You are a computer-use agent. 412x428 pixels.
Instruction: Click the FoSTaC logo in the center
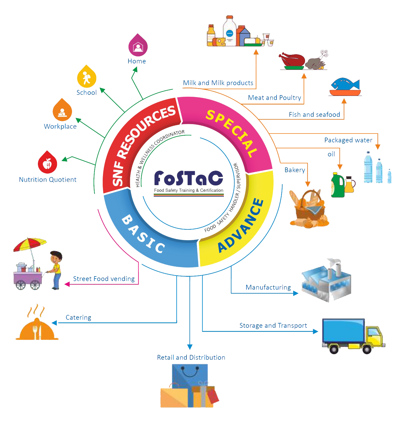[x=188, y=181]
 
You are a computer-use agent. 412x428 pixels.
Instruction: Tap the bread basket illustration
[x=309, y=208]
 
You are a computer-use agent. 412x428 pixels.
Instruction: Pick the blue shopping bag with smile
[x=190, y=376]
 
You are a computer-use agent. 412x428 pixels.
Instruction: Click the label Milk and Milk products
[x=218, y=83]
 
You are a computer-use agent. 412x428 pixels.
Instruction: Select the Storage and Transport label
[x=273, y=326]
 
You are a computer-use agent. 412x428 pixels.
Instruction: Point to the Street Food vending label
[x=104, y=279]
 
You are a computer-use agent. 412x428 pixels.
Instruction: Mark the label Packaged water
[x=348, y=140]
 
